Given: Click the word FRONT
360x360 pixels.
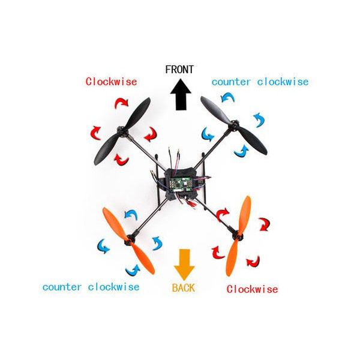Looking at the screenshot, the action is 179,70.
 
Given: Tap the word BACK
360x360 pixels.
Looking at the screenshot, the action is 184,288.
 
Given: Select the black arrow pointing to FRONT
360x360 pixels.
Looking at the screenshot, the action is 181,94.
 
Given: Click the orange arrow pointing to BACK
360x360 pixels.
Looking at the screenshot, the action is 184,265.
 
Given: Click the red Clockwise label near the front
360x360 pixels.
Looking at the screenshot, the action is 112,82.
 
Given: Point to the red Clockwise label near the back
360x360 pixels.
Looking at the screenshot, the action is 253,289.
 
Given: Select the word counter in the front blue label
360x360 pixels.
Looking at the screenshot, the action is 231,82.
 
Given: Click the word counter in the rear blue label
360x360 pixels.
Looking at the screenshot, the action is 62,287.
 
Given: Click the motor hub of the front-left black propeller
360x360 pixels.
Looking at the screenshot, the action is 122,132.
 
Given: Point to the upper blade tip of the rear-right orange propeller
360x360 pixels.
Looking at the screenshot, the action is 248,197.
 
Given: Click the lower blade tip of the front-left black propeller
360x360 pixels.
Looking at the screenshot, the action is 97,163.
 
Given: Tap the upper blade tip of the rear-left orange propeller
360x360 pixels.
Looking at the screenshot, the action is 104,209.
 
